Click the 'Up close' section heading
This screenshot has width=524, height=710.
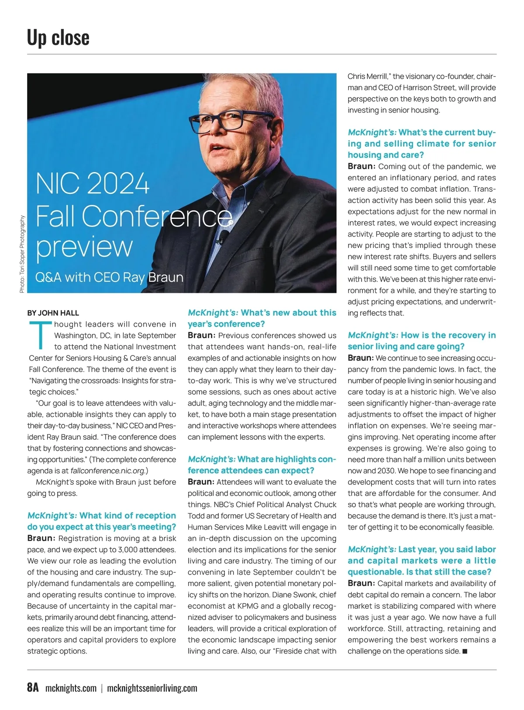coord(58,38)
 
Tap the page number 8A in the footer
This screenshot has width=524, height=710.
coord(33,687)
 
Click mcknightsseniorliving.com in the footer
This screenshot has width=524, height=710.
coord(152,688)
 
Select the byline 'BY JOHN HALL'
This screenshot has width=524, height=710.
coord(53,313)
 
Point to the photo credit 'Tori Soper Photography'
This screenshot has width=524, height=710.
coord(22,253)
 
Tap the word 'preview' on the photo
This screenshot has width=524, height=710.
coord(84,247)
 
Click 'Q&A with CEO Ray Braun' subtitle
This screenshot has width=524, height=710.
coord(109,277)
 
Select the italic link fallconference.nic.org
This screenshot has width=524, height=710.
coord(108,471)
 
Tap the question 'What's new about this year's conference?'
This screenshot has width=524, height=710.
coord(262,318)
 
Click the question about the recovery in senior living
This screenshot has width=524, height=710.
coord(422,341)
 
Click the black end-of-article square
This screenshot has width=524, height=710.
coord(465,651)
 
